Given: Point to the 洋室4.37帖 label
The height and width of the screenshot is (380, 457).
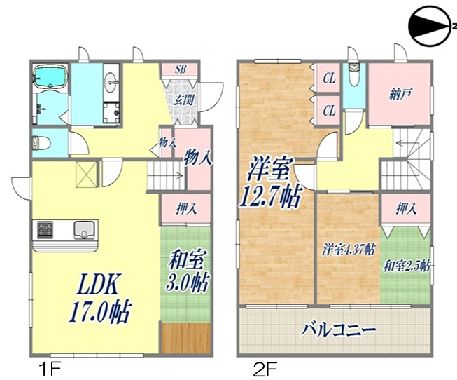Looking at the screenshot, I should coord(348,249).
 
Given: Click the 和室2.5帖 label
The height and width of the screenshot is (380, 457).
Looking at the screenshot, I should coord(407,266).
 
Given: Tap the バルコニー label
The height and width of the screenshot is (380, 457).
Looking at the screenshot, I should coord(339,329).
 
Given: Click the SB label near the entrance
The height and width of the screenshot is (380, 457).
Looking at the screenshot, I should coord(181,69).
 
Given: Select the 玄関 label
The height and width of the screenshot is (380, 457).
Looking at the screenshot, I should coord(183,99).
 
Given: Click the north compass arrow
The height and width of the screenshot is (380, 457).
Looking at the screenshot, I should coord(430,28).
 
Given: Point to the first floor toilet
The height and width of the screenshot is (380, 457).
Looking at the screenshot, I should coord(41,144).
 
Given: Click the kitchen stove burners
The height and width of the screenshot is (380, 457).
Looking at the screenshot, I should coord(44,229).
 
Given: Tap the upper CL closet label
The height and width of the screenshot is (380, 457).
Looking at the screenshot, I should coord(329,79).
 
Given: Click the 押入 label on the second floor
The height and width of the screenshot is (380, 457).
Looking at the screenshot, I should coord(404,209).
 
